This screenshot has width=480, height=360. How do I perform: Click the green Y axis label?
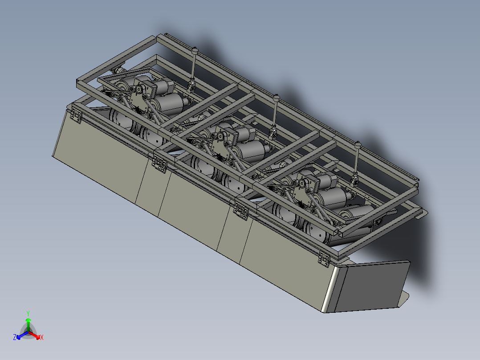click(x=28, y=313)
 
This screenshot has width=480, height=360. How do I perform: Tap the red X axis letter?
click(x=42, y=337)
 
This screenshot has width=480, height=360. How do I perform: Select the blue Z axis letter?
click(x=14, y=337)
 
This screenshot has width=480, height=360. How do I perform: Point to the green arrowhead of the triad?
click(x=28, y=320)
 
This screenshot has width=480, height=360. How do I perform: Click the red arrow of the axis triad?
click(x=34, y=335)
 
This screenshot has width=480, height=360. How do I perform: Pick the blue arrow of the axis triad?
click(x=22, y=335)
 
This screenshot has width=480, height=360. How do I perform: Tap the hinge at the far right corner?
click(x=324, y=259)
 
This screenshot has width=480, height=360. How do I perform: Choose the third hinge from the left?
click(x=240, y=211)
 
